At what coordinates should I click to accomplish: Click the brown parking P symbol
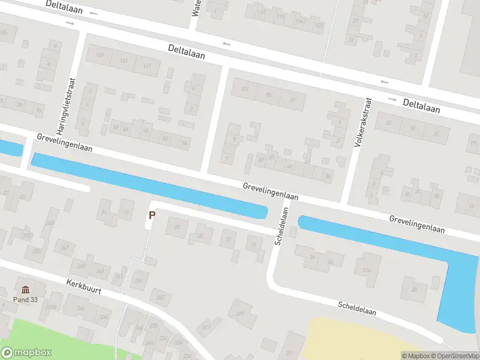152,214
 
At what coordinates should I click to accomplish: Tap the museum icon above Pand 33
25,289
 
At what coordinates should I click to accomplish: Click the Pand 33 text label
25,299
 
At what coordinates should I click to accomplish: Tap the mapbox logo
26,353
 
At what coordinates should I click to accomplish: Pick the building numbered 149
100,56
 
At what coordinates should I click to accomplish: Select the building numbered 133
124,61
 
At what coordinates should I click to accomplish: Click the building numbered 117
147,65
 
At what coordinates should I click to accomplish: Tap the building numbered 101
244,89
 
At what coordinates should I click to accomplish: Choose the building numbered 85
268,95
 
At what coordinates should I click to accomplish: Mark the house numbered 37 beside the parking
177,227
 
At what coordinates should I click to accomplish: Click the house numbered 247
64,247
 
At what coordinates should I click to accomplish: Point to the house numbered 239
139,280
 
